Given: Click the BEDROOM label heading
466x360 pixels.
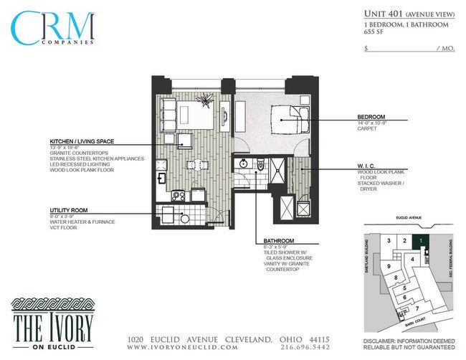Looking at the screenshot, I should click(x=371, y=117).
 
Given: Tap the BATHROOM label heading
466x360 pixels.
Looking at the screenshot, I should click(x=279, y=241).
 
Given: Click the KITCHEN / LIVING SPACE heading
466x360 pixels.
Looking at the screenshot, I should click(x=82, y=141).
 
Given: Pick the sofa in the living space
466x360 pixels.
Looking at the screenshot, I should click(x=168, y=115).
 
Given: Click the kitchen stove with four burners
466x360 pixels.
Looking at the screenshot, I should click(x=177, y=194).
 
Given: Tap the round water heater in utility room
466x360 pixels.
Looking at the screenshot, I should click(x=185, y=218).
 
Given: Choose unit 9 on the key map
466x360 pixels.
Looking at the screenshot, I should click(x=389, y=266).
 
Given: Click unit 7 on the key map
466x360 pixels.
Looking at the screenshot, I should click(x=417, y=308).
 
